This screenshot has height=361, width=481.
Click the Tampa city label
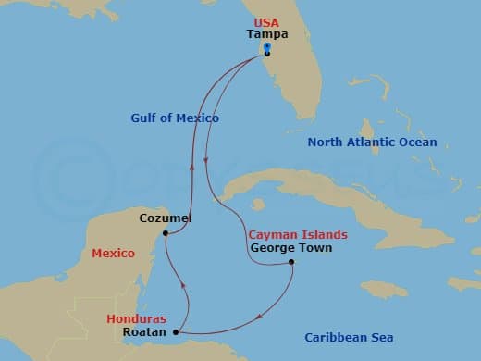pyautogui.click(x=267, y=34)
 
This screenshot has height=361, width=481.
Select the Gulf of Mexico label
pyautogui.click(x=175, y=118)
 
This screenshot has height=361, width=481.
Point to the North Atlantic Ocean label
pyautogui.click(x=373, y=143)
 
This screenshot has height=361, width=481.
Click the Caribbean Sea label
pyautogui.click(x=349, y=338)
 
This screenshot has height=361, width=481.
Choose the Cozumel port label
pyautogui.click(x=166, y=218)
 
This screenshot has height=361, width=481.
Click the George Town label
pyautogui.click(x=290, y=248)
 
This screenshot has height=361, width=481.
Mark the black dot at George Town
pyautogui.click(x=291, y=263)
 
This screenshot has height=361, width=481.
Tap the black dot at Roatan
pyautogui.click(x=176, y=331)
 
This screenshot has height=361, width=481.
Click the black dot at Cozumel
pyautogui.click(x=165, y=233)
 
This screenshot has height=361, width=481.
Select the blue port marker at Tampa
pyautogui.click(x=266, y=46)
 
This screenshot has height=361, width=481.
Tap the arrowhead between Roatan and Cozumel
pyautogui.click(x=186, y=283)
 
